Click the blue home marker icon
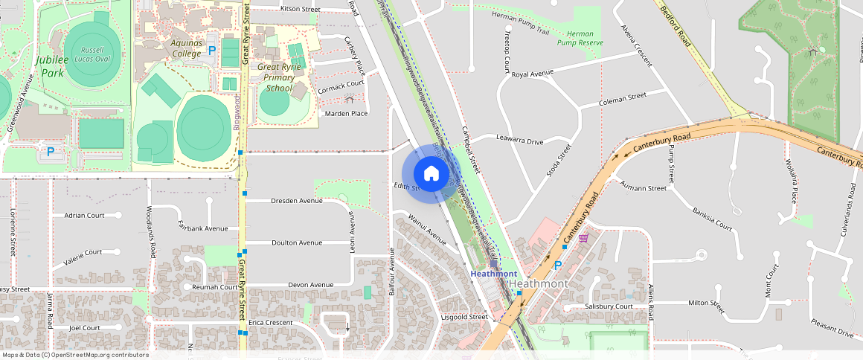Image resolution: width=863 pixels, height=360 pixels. (431, 174)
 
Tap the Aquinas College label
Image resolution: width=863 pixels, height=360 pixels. (186, 48)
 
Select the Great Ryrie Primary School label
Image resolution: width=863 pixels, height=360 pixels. (279, 77)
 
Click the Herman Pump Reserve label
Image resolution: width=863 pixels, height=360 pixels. (580, 39)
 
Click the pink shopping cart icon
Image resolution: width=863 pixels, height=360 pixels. (584, 238)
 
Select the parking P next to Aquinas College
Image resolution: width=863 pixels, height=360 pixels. (212, 51)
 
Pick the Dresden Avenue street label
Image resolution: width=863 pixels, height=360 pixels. (296, 201)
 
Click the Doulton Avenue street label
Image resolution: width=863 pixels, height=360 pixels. (296, 242)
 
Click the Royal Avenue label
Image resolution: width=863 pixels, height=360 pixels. (533, 74)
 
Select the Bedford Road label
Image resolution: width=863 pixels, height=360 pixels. (675, 25)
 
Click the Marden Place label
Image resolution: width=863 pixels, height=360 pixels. (347, 113)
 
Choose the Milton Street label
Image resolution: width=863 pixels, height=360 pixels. (706, 303)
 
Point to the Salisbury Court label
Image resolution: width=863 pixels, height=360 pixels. (609, 306)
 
